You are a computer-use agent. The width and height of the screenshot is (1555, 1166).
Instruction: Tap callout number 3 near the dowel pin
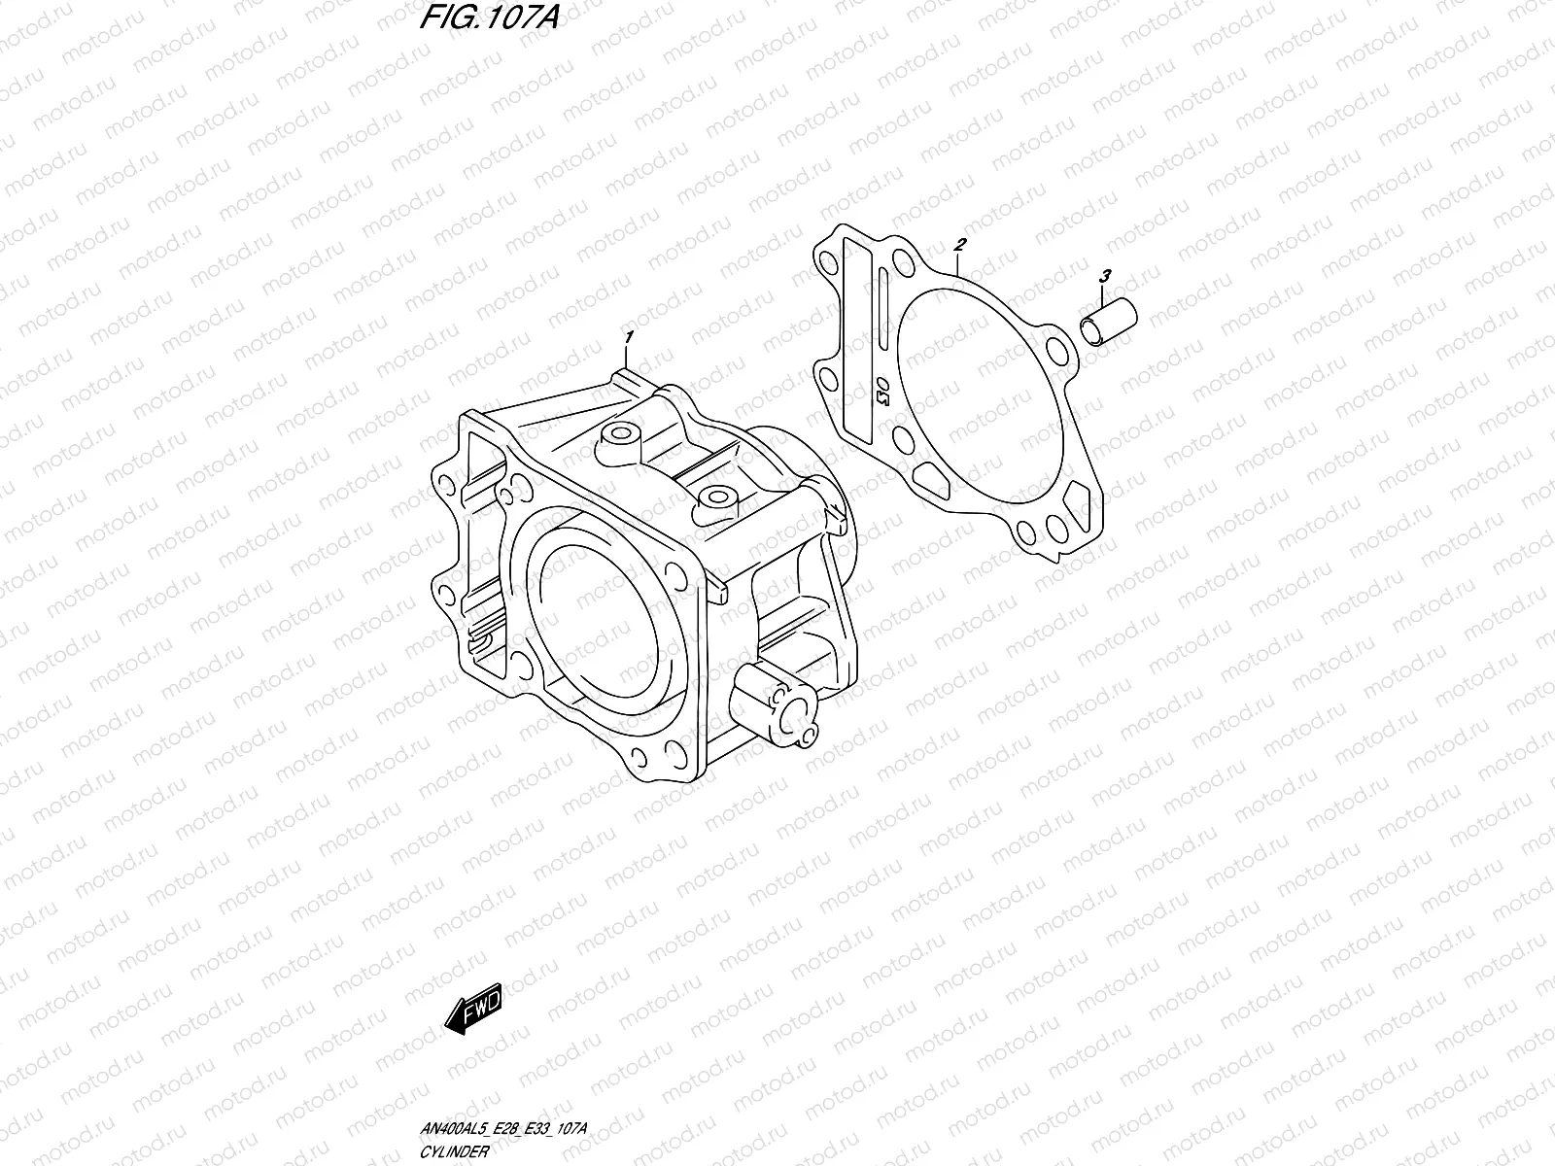click(1104, 277)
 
